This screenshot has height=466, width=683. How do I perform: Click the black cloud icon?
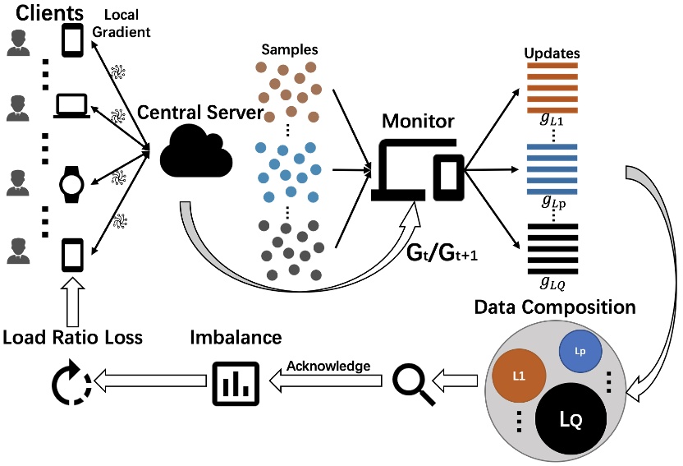[x=196, y=150]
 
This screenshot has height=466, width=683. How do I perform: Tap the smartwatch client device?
[x=72, y=184]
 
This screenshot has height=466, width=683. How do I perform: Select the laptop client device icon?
[x=72, y=106]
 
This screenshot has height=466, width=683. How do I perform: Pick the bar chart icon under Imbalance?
[x=236, y=384]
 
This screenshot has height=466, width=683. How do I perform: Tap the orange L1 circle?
[x=519, y=376]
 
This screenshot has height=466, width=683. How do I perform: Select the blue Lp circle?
[x=580, y=351]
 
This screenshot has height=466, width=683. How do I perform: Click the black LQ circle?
[x=571, y=419]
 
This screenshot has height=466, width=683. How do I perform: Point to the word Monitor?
[x=418, y=121]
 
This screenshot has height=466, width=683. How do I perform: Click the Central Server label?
[x=200, y=113]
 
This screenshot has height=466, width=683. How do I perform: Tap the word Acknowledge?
[x=328, y=366]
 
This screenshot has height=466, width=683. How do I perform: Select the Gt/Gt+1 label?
[x=442, y=252]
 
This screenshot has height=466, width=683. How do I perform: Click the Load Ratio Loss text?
[x=73, y=338]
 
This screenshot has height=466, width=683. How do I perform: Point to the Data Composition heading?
[x=555, y=307]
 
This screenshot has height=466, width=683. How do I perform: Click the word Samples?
[x=290, y=49]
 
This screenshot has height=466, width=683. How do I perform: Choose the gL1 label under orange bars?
[x=552, y=119]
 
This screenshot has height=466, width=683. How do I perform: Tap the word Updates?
[x=552, y=53]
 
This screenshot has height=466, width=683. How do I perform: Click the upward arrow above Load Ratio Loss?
[x=73, y=302]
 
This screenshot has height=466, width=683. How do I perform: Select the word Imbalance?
[x=236, y=338]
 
